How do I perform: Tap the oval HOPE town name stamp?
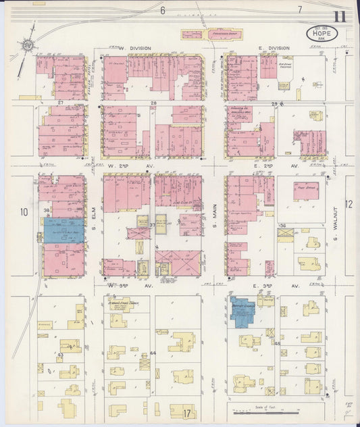(322, 32)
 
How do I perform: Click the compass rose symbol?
(28, 45)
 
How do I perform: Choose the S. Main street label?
(214, 216)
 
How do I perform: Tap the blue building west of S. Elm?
(63, 230)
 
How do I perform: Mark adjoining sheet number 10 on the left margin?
(24, 213)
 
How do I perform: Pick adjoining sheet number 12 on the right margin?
(349, 204)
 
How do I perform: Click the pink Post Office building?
(307, 189)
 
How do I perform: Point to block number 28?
(154, 103)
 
